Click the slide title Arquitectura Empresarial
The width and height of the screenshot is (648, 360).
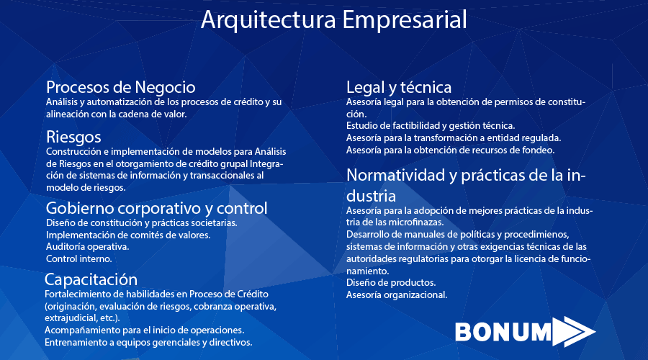[x=334, y=20]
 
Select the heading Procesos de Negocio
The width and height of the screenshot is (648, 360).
[x=121, y=87]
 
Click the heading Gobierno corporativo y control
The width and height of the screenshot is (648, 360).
[x=157, y=208]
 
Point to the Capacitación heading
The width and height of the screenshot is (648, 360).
[x=91, y=280]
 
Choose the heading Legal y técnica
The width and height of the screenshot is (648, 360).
[x=399, y=88]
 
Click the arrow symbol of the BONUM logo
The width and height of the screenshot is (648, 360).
[x=574, y=331]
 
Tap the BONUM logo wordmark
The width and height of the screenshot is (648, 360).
[x=503, y=332]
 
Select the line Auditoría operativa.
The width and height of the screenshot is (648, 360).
[x=88, y=247]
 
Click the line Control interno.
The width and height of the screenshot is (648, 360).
[x=79, y=259]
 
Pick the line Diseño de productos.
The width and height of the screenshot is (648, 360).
[x=391, y=283]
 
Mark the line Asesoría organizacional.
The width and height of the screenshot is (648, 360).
[x=397, y=295]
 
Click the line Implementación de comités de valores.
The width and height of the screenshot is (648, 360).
[x=128, y=235]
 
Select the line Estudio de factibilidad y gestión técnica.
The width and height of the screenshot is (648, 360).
[x=431, y=126]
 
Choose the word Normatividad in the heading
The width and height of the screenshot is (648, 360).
[x=395, y=175]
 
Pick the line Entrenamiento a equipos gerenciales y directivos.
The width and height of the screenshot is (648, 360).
[x=148, y=343]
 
